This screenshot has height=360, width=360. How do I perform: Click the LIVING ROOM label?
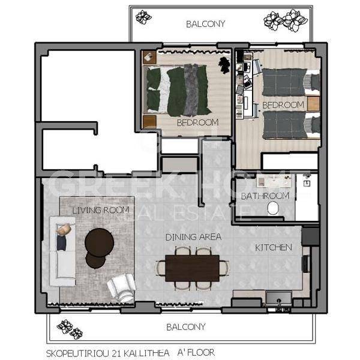pos(101,211)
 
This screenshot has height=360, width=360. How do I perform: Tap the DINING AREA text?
pos(193,237)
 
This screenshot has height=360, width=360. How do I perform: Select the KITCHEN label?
pos(274,247)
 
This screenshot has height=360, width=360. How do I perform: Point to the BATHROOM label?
pos(265,196)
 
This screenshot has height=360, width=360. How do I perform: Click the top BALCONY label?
pos(205,24)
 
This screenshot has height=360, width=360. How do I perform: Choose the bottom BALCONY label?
pos(186,327)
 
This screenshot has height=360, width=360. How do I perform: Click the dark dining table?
pos(193,268)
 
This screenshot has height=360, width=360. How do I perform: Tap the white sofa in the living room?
pos(62,251)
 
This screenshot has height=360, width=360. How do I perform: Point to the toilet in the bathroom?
pos(273,208)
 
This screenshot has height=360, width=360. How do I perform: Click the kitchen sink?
pos(279,298)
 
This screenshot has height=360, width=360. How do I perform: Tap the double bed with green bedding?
pos(177,90)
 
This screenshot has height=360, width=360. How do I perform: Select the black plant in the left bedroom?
pos(224,65)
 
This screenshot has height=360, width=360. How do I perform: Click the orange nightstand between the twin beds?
pos(313,104)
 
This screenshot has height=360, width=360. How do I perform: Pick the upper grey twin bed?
pos(291,82)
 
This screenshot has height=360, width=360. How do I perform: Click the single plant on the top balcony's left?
pos(143,17)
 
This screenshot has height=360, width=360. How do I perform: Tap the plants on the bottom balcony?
pos(70,329)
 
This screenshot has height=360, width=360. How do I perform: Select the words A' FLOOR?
pos(196,352)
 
